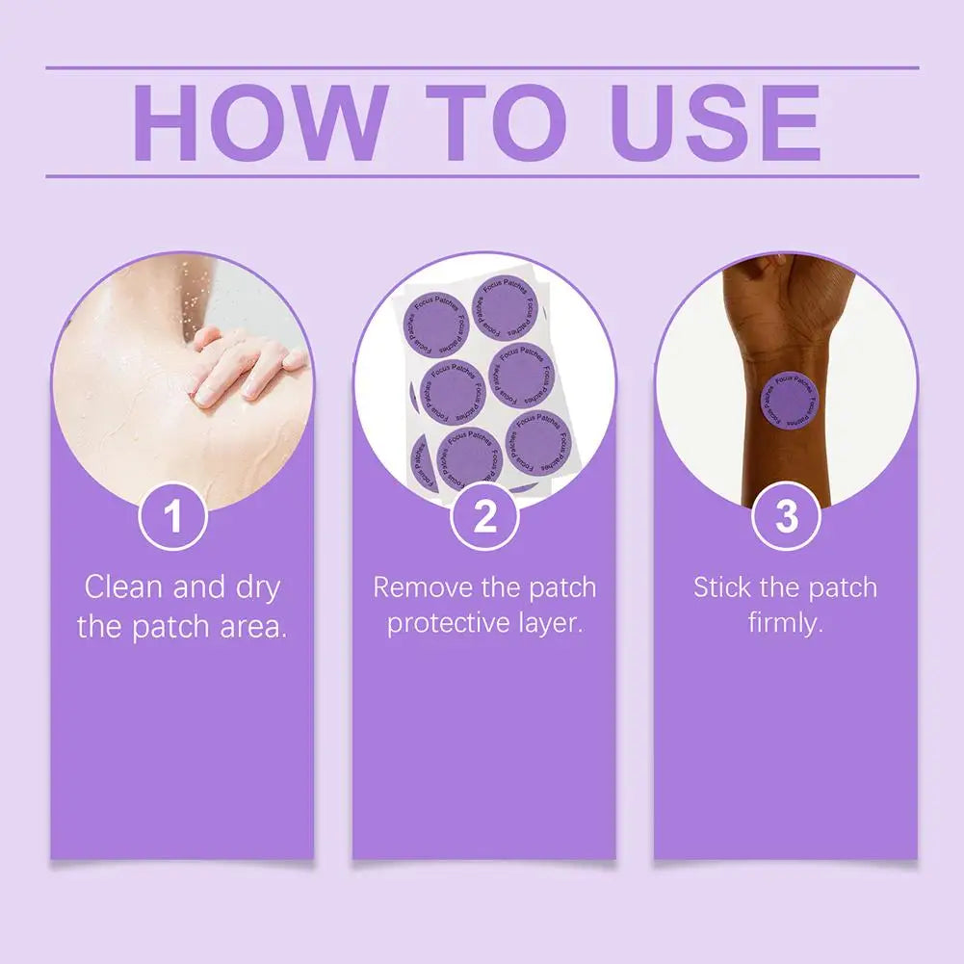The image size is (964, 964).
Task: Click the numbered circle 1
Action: (173, 517)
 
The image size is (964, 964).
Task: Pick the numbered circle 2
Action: (484, 517)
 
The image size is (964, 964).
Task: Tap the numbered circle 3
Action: (787, 517)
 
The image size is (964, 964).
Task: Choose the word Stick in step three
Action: (723, 586)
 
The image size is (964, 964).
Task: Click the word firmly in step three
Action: (786, 623)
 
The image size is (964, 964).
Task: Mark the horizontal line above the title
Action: (482, 68)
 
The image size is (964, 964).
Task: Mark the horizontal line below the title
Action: (482, 176)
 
